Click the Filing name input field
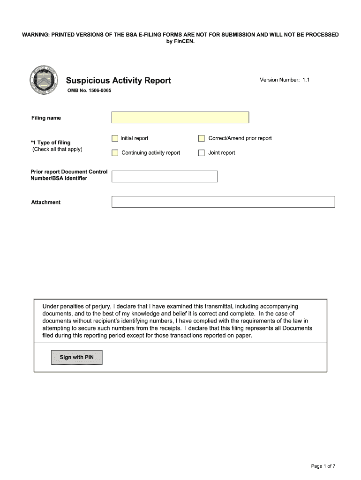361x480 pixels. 180,118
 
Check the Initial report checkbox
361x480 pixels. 115,138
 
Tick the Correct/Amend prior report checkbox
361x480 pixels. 202,138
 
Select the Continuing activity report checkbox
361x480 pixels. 115,153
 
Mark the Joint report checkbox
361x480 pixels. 202,153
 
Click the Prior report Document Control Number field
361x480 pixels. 165,176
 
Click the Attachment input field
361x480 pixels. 223,202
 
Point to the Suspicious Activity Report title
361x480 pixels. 118,81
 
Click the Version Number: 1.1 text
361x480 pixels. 285,80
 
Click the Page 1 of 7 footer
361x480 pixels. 323,466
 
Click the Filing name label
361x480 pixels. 46,118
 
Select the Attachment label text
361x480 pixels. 45,202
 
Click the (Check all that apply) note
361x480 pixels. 57,150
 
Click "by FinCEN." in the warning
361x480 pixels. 180,42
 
